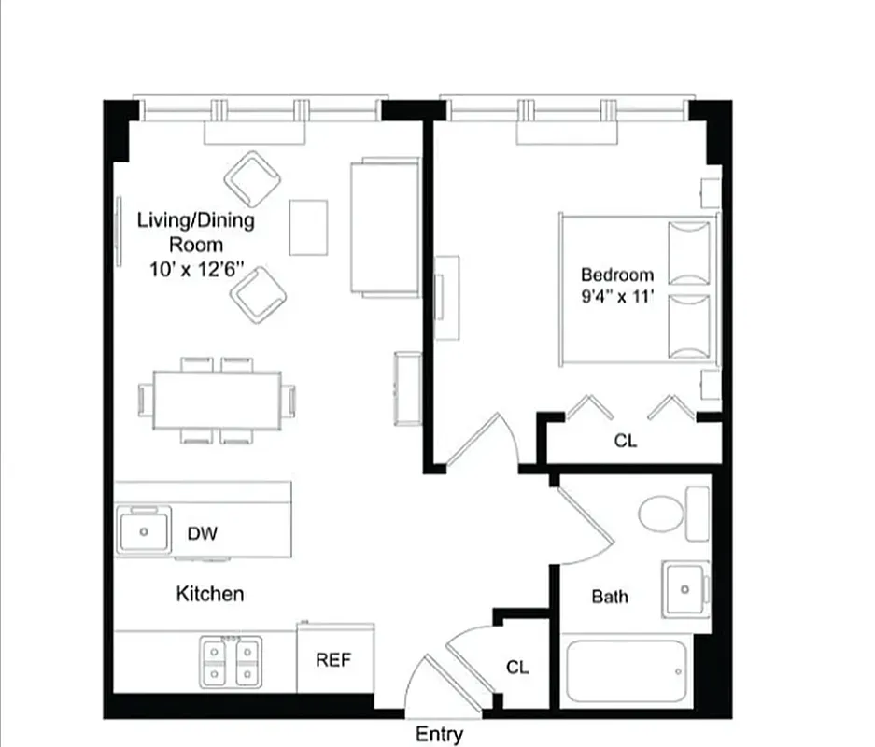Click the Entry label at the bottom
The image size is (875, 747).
[439, 734]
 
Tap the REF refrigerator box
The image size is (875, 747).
[334, 659]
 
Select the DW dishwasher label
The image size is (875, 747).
[203, 533]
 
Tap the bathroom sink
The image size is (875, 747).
[685, 589]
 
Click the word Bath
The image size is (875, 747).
[610, 597]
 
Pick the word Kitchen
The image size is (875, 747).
[210, 594]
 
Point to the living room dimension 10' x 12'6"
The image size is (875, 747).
[196, 269]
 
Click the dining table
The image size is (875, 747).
[218, 401]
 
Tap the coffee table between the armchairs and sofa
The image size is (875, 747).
[308, 227]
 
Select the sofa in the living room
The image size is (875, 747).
[384, 227]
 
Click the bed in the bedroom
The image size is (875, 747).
[638, 289]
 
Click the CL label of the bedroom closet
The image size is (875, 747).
[626, 441]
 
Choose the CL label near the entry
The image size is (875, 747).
[517, 668]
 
